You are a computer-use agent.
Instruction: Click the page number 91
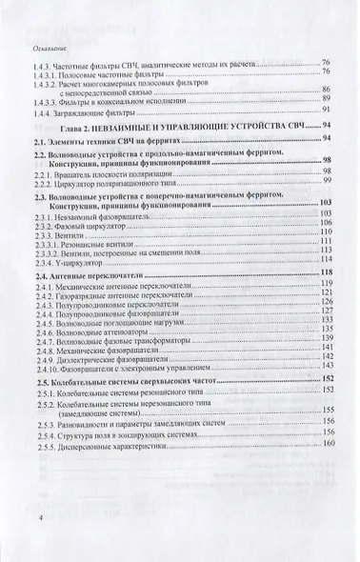click(x=326, y=110)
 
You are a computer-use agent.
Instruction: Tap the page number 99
click(x=326, y=180)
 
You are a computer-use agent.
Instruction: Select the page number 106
click(x=326, y=222)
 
